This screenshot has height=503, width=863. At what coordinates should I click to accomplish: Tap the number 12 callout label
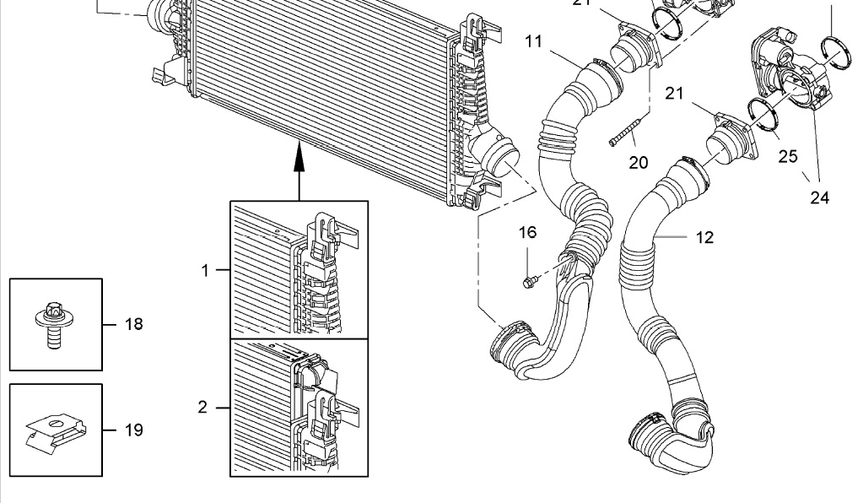pos(704,238)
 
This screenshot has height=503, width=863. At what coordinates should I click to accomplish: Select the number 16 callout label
pos(527,233)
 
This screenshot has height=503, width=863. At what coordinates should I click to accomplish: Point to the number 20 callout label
pos(639,163)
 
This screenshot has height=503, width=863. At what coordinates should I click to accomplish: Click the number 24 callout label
pos(819,198)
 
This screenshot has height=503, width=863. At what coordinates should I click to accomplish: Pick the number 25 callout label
pos(788,156)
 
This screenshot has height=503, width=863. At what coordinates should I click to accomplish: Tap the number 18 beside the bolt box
pos(133,324)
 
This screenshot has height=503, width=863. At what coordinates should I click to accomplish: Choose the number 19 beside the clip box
pos(133,430)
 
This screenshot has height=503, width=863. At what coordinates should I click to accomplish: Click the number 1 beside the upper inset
pos(204,270)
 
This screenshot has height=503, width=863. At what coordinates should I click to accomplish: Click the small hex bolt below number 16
pos(528,280)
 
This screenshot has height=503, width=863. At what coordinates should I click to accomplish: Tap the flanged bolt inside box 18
pos(50,324)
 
